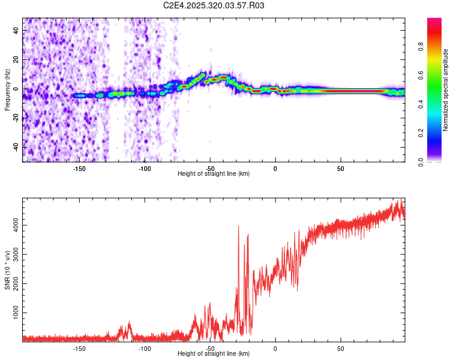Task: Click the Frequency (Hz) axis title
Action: (x=7, y=90)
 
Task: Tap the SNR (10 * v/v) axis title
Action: (x=7, y=269)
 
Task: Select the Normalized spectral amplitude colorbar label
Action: (x=446, y=90)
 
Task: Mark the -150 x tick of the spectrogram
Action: (x=79, y=168)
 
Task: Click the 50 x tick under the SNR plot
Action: (x=340, y=348)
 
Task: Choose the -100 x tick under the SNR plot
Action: (x=145, y=348)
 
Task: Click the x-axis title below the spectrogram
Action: (x=214, y=173)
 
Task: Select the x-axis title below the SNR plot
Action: (x=214, y=353)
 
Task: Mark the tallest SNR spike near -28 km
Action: (x=239, y=227)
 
